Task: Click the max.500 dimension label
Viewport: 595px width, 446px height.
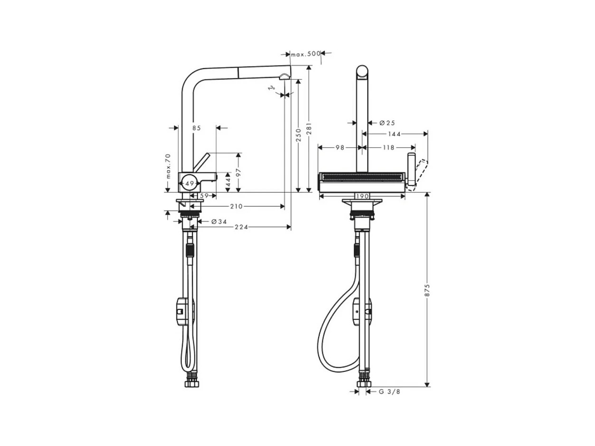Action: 305,54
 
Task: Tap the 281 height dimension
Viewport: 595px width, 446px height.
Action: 309,129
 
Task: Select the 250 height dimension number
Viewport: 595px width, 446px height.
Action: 298,135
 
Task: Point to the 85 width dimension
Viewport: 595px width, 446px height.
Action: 197,128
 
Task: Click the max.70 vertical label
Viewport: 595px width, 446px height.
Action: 168,166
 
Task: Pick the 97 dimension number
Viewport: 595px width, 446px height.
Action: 238,172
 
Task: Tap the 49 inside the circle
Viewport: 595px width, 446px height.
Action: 189,183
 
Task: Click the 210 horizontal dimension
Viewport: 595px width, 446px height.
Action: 236,207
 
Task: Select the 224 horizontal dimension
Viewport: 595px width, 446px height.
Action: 241,227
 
